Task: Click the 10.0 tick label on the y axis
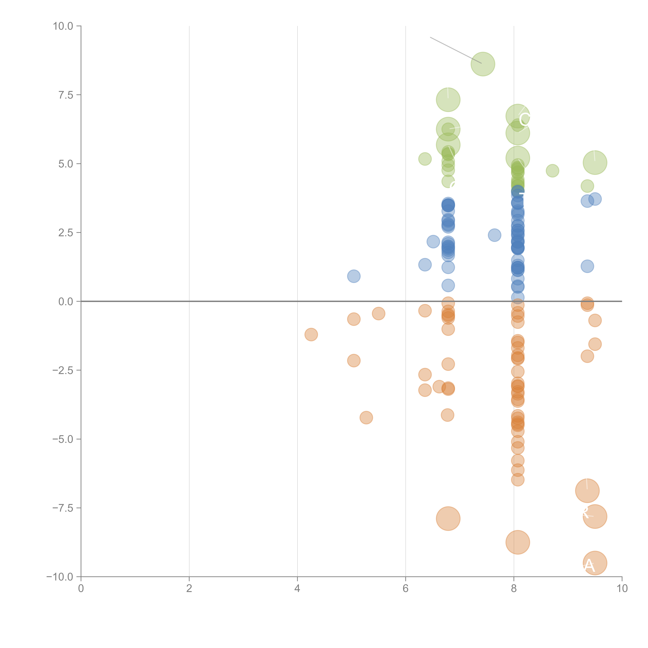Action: [x=63, y=26]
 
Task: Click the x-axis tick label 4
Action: [x=297, y=589]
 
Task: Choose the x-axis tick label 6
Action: [x=406, y=589]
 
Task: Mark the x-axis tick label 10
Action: [x=622, y=589]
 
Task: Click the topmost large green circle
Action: [x=483, y=64]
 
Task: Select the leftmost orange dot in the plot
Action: [x=311, y=334]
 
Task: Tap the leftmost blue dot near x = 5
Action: [x=354, y=276]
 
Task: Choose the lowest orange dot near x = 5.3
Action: [x=366, y=418]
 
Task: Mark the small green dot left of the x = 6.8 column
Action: [x=425, y=159]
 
